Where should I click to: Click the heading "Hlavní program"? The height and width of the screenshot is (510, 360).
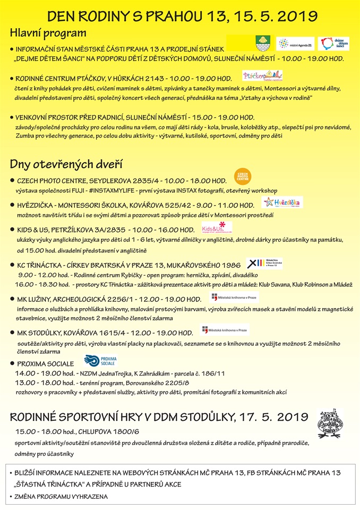click(48, 33)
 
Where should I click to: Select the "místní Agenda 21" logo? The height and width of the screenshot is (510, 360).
click(296, 43)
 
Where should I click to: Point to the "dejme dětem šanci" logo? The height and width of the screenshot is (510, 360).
click(333, 43)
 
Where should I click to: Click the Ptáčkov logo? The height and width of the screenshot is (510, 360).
click(262, 75)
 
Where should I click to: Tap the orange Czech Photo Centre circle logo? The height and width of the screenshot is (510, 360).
click(243, 176)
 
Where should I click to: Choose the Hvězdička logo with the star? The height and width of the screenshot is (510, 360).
click(282, 202)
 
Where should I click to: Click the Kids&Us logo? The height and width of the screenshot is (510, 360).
click(217, 227)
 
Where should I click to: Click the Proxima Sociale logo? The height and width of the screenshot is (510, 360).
click(99, 361)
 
